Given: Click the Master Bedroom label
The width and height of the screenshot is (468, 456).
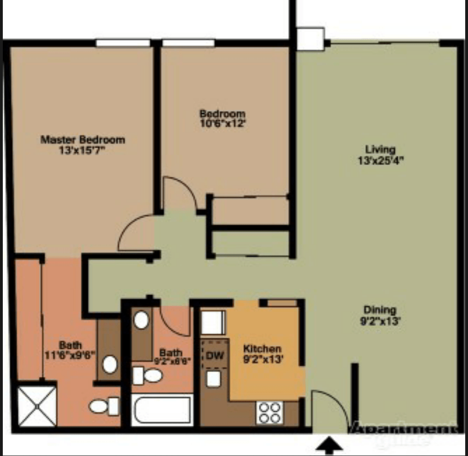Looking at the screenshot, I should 83,139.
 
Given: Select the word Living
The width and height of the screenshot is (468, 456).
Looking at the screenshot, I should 380,150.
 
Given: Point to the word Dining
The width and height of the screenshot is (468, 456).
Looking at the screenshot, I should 380,310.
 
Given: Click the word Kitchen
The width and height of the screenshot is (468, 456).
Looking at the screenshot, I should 262,349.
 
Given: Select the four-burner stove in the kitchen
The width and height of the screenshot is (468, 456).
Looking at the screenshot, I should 270,412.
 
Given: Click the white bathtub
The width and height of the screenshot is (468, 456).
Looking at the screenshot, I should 162,410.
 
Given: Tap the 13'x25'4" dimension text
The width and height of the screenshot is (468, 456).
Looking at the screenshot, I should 380,160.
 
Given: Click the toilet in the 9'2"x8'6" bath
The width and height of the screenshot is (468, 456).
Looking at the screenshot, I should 148,375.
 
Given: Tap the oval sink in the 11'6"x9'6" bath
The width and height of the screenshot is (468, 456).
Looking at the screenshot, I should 110,364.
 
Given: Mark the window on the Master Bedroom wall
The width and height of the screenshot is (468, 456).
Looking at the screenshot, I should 123,43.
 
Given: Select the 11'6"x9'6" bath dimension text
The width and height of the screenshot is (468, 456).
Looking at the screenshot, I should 70,354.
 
